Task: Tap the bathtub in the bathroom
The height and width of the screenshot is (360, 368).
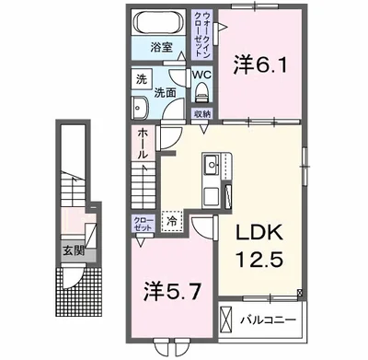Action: click(162, 23)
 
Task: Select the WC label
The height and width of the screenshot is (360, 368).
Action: click(202, 75)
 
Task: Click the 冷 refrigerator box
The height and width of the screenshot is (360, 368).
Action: click(171, 221)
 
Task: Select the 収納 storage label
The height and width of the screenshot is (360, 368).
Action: click(201, 113)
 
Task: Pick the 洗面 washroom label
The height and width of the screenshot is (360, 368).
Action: click(165, 93)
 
